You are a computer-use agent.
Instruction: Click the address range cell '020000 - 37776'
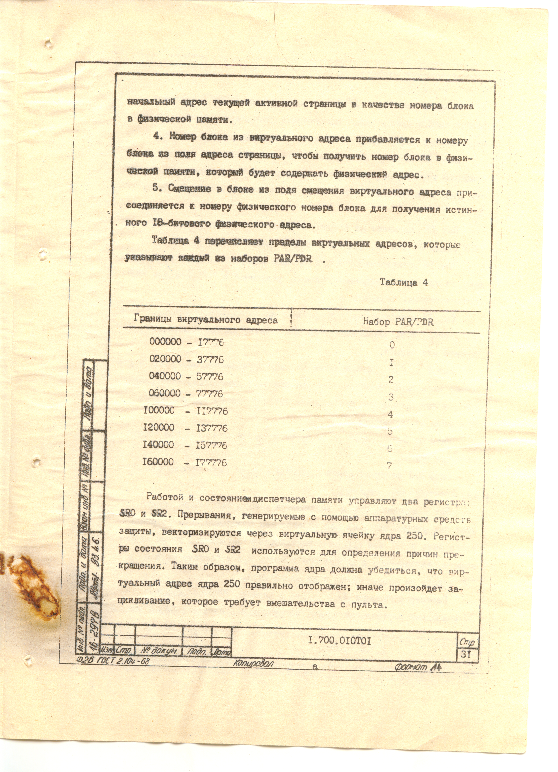(x=186, y=359)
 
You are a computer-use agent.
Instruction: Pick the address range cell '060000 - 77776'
(x=186, y=393)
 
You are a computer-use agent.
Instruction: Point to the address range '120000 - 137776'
(x=185, y=428)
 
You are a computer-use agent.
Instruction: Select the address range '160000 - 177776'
(x=184, y=462)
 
